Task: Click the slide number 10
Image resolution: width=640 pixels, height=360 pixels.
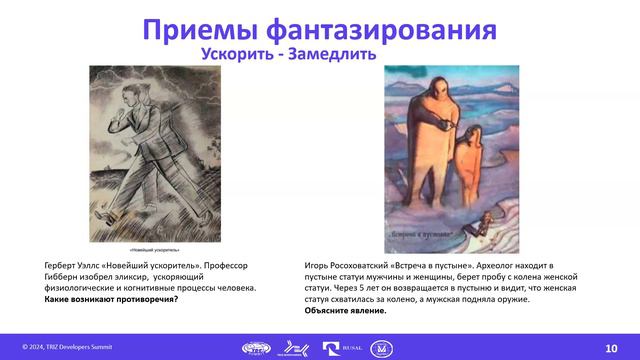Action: (611, 346)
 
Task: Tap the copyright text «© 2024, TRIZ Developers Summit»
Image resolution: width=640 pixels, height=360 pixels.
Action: (68, 346)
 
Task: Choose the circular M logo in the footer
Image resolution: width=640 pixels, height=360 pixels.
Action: (382, 347)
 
